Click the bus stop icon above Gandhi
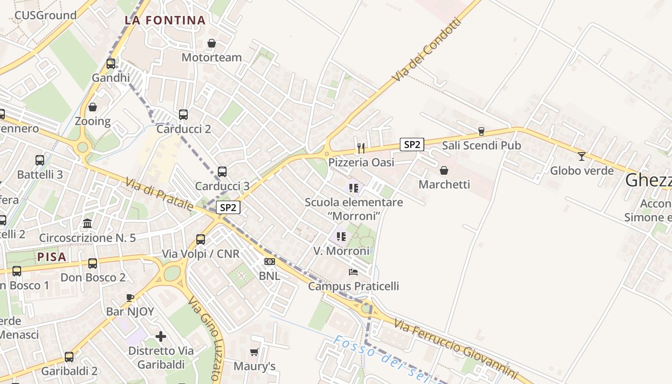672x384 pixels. pyautogui.click(x=111, y=63)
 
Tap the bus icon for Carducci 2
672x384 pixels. pyautogui.click(x=183, y=115)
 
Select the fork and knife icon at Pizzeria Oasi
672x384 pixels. pyautogui.click(x=361, y=147)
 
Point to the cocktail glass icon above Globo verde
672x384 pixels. pyautogui.click(x=582, y=156)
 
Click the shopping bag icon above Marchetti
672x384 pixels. pyautogui.click(x=444, y=170)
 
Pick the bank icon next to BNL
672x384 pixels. pyautogui.click(x=269, y=262)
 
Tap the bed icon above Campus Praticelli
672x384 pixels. pyautogui.click(x=353, y=272)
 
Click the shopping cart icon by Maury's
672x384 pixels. pyautogui.click(x=254, y=352)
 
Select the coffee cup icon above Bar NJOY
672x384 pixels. pyautogui.click(x=130, y=298)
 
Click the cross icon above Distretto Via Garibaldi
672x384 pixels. pyautogui.click(x=161, y=336)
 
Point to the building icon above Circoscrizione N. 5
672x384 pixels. pyautogui.click(x=87, y=223)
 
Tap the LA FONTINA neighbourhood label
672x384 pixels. pyautogui.click(x=165, y=20)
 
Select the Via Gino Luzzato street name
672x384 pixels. pyautogui.click(x=205, y=338)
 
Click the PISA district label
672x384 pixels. pyautogui.click(x=52, y=257)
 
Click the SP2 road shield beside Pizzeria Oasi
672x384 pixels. pyautogui.click(x=412, y=144)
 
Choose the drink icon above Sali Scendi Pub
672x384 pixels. pyautogui.click(x=481, y=132)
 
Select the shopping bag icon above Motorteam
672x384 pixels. pyautogui.click(x=212, y=44)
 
